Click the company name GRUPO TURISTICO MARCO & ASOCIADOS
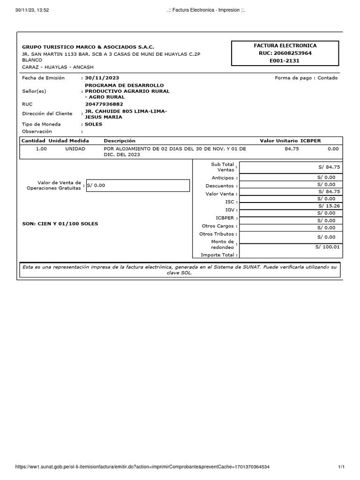coord(88,47)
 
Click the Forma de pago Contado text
coord(306,78)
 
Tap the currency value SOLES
coord(93,124)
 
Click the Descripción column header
coord(119,141)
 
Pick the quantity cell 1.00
coord(41,149)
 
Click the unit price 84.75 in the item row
coord(292,149)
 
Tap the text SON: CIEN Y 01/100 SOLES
coord(60,224)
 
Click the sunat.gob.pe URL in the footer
coord(142,467)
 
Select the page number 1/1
coord(341,467)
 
